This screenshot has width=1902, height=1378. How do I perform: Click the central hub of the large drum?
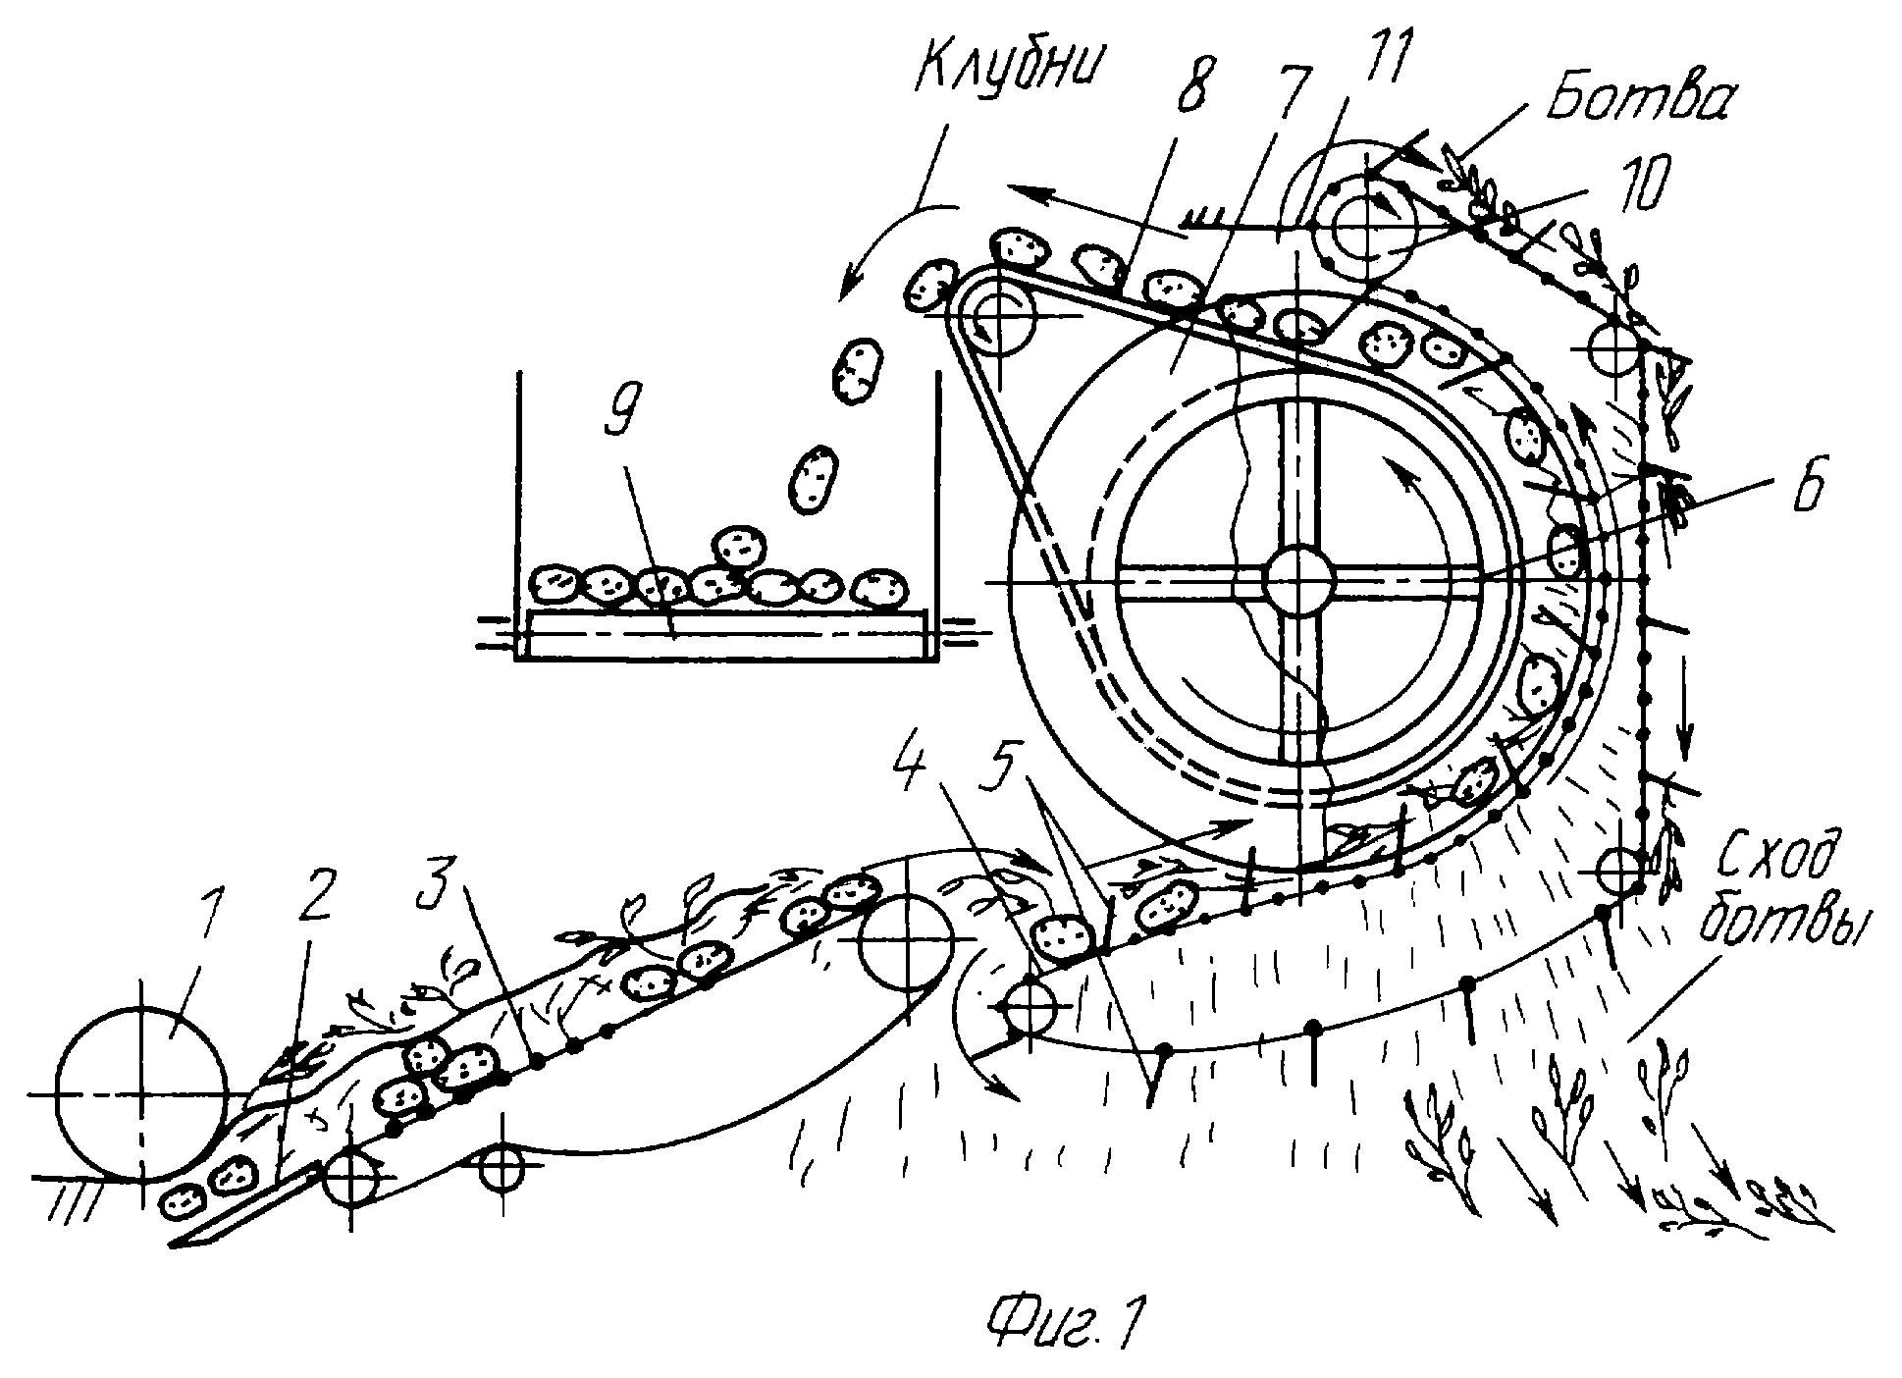coord(1297,582)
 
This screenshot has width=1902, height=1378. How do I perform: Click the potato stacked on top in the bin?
coord(737,546)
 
